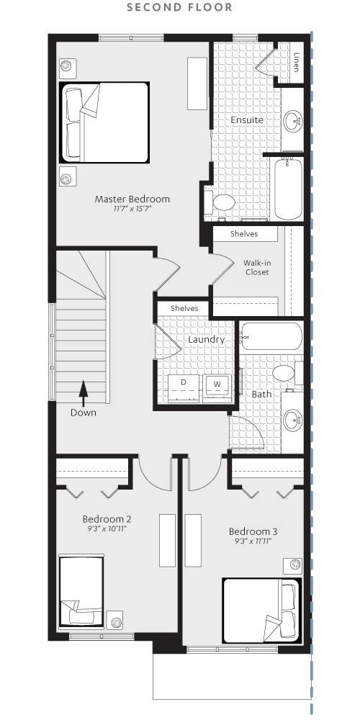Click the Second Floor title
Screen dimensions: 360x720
[179, 7]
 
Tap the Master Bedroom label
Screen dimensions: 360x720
[132, 199]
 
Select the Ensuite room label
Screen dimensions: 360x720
[247, 120]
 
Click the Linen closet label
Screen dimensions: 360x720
[296, 63]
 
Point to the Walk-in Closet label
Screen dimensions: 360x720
[257, 268]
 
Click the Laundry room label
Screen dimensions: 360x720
[207, 340]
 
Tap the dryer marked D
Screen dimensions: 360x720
[183, 389]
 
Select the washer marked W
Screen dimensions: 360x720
[217, 389]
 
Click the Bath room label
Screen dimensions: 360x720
[261, 394]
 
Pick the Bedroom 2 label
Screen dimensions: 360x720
[107, 519]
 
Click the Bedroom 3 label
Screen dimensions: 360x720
[253, 532]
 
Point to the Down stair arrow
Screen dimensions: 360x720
[83, 394]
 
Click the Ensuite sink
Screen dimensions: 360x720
[292, 122]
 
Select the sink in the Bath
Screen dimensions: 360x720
[292, 420]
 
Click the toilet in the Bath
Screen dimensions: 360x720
[287, 373]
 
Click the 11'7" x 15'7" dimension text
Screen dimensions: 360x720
[132, 209]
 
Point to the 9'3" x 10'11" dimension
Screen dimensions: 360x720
[107, 528]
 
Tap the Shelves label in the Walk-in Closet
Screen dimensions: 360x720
[244, 234]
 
